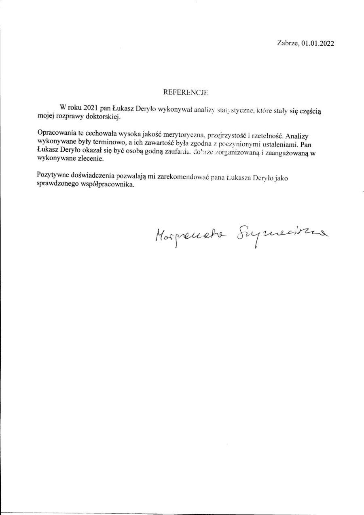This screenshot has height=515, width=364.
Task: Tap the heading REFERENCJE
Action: pos(185,92)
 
